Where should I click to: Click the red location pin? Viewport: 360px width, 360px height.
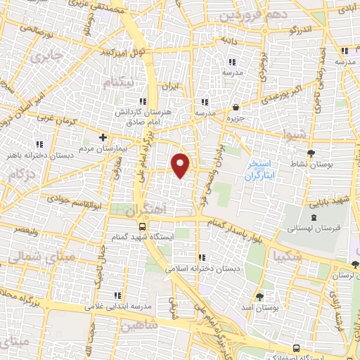(181, 165)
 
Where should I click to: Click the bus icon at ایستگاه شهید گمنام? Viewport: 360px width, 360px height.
(143, 226)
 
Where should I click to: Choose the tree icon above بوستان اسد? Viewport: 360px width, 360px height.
(260, 296)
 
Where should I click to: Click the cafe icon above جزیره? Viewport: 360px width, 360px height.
(236, 108)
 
